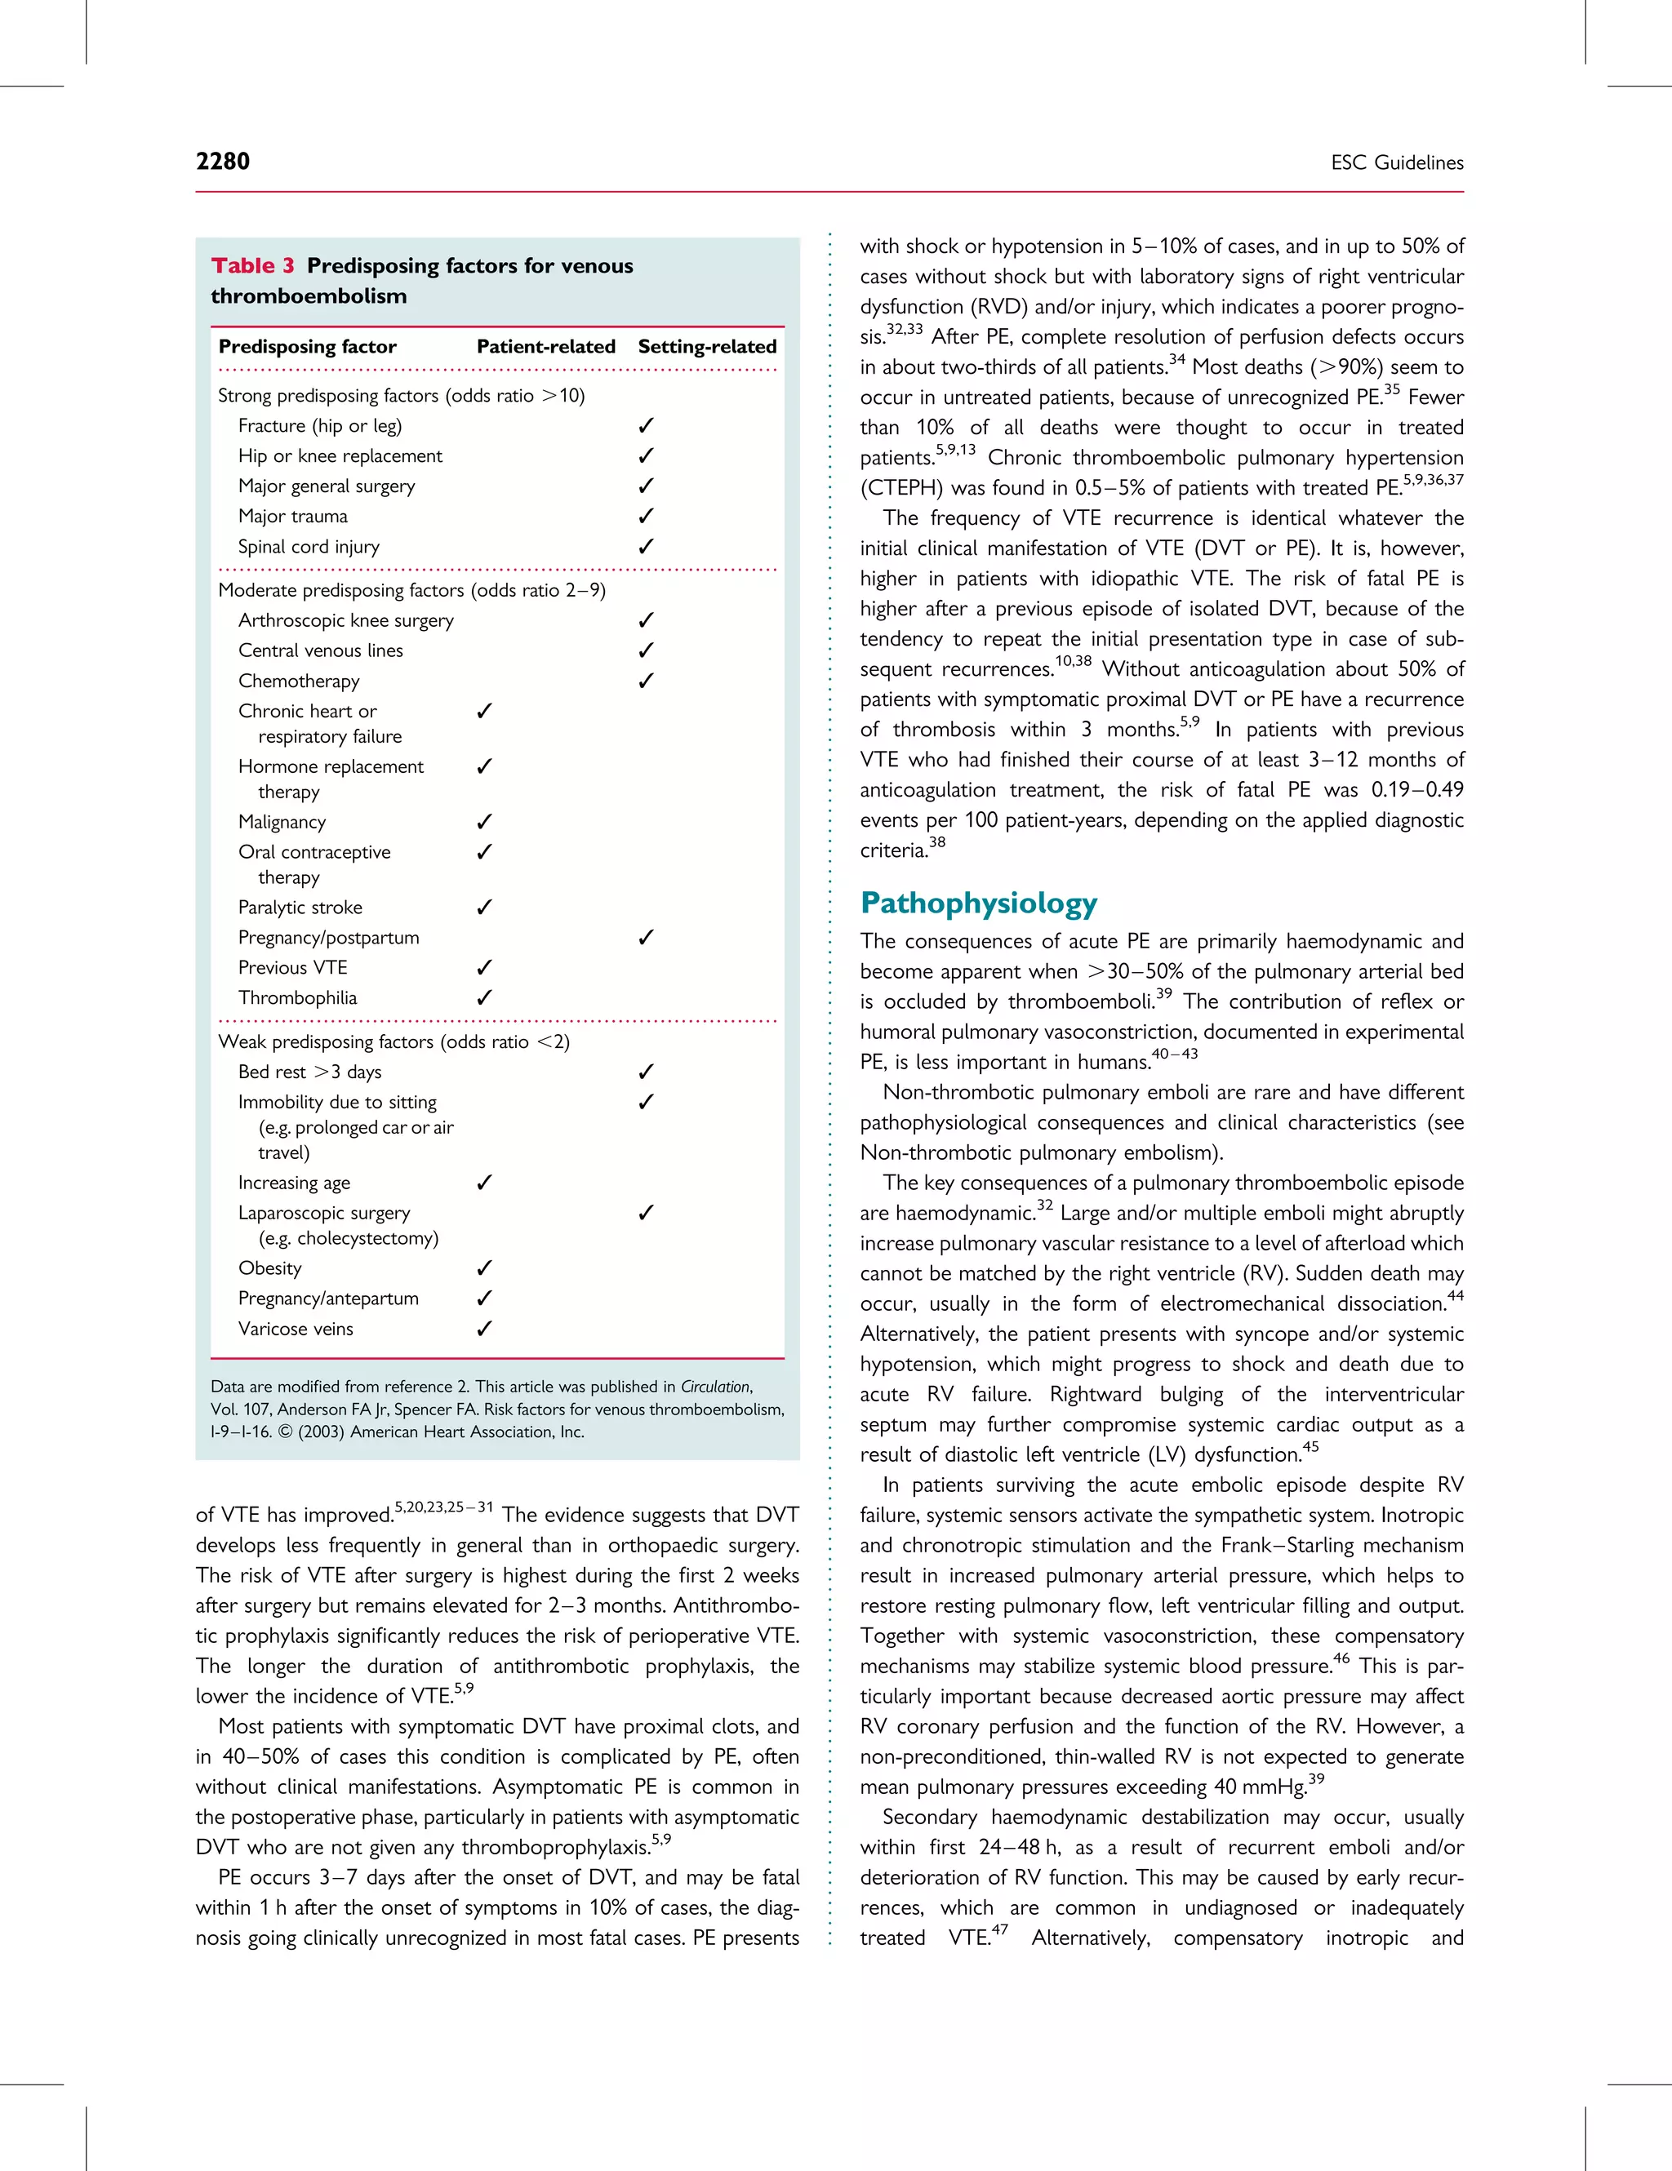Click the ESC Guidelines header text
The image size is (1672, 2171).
click(1397, 163)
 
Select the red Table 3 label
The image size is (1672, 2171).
click(252, 265)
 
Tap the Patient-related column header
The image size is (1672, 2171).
click(545, 346)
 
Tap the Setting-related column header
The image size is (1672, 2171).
click(707, 346)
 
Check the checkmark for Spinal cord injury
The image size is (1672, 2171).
click(646, 546)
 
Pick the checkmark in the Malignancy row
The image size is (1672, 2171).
click(484, 821)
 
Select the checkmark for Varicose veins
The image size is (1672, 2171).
click(484, 1328)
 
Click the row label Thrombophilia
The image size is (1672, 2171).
click(297, 997)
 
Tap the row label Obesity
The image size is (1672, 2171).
click(269, 1268)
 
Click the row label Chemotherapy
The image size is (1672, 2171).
click(298, 681)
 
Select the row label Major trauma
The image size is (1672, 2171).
click(292, 516)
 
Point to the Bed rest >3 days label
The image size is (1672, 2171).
click(309, 1072)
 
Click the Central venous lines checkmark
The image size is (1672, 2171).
click(646, 650)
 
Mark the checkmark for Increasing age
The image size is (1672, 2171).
click(484, 1182)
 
